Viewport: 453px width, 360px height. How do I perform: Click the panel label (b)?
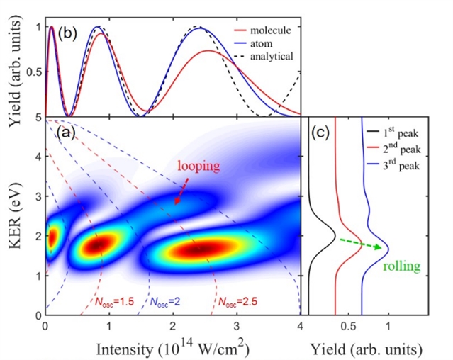tap(68, 33)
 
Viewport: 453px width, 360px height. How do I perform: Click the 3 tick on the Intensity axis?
tap(236, 327)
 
